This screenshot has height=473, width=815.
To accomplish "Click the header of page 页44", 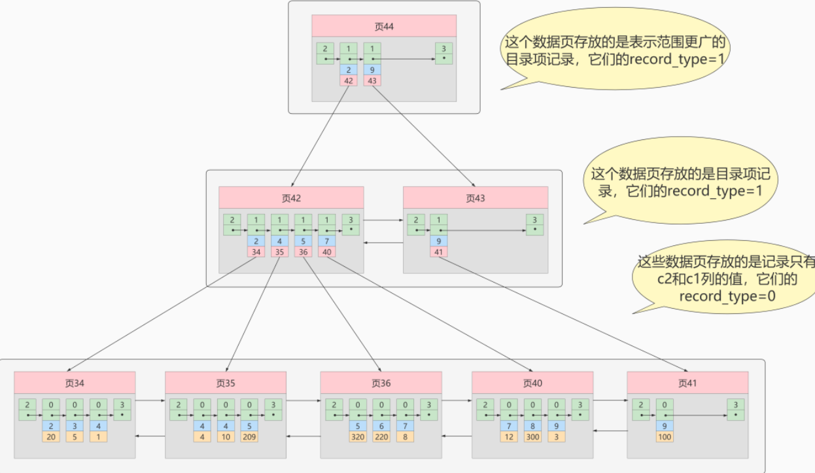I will [383, 27].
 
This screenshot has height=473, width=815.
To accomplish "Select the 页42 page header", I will [291, 198].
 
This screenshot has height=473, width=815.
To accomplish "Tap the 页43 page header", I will [476, 198].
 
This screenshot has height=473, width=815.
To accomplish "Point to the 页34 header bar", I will [75, 383].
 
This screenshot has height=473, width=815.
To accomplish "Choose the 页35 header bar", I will [226, 383].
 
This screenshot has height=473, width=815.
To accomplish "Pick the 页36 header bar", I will [381, 383].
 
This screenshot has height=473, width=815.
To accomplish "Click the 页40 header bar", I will [532, 383].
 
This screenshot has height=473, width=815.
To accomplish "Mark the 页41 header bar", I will [687, 383].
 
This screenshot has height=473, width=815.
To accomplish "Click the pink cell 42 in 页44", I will [349, 80].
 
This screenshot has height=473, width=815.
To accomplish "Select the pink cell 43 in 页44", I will [372, 80].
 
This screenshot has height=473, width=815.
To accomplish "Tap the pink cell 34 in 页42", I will [256, 251].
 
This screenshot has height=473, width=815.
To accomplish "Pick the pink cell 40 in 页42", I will [327, 251].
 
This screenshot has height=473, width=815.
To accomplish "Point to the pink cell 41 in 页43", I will [439, 251].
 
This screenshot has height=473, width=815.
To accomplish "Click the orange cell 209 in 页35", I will [249, 436].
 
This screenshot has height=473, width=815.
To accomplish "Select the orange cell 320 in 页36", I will [358, 436].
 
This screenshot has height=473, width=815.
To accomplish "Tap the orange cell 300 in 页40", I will [533, 436].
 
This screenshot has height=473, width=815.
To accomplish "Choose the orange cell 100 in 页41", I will [665, 436].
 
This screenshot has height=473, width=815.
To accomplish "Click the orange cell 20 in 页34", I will [51, 436].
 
